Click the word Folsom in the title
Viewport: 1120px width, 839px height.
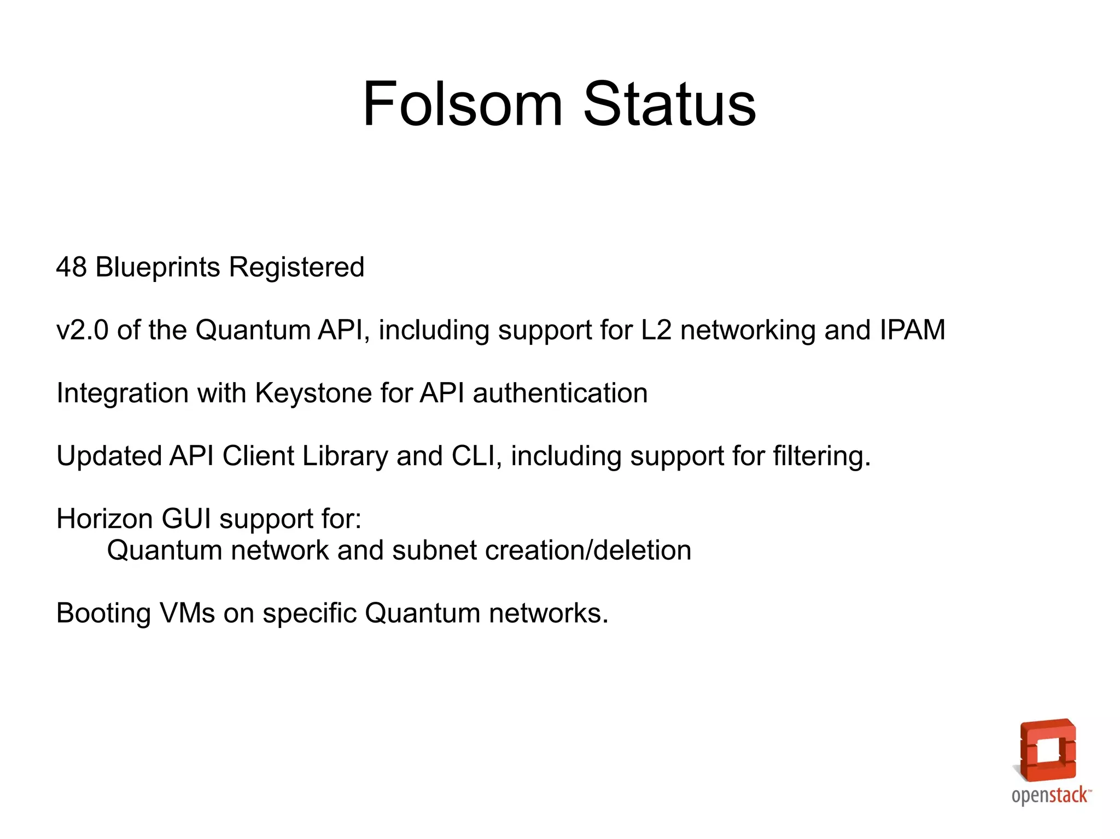click(x=462, y=104)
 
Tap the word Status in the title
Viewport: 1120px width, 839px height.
click(x=669, y=104)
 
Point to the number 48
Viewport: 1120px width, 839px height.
click(x=72, y=267)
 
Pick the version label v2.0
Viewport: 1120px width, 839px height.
click(x=83, y=330)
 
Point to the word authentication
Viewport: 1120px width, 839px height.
click(x=560, y=393)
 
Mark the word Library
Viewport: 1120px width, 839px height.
click(x=345, y=456)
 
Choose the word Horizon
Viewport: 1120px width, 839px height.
click(x=104, y=519)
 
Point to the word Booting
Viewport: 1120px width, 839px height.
click(x=103, y=613)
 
